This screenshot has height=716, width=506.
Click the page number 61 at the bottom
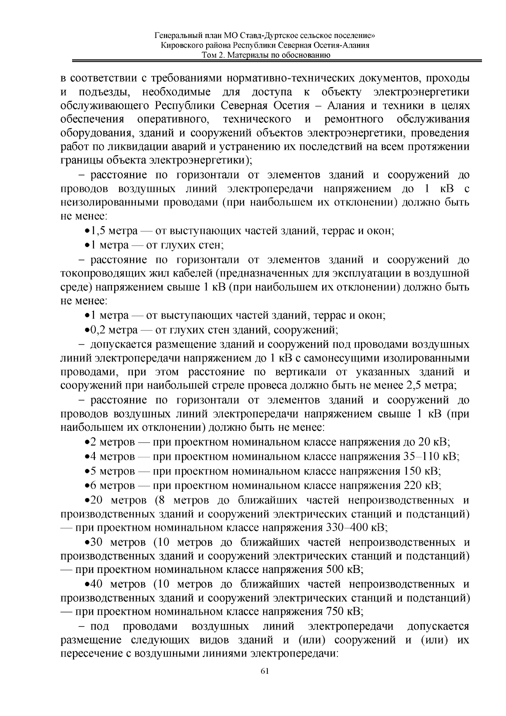pos(265,671)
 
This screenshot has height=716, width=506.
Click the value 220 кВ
pos(422,485)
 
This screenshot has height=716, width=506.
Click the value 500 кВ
pos(345,570)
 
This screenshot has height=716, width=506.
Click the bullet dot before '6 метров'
pos(87,486)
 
